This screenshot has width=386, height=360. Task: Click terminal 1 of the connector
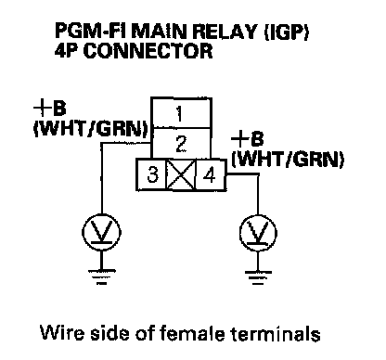click(181, 113)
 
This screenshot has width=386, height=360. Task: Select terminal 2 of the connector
click(181, 144)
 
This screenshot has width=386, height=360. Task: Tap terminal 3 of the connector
click(152, 175)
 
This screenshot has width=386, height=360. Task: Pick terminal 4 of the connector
click(211, 175)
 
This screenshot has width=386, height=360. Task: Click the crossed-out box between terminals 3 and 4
click(181, 175)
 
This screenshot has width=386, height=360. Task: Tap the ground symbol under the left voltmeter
click(101, 277)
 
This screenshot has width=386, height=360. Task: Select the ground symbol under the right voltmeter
click(258, 277)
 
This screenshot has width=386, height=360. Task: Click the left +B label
click(50, 109)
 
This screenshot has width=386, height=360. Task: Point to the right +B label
click(248, 138)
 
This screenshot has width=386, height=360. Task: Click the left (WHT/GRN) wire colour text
click(90, 129)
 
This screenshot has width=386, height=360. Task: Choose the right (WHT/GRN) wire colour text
click(288, 159)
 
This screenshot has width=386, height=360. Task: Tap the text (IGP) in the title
click(286, 32)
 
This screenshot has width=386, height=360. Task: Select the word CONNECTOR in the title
click(148, 51)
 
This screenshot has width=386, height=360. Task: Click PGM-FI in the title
click(92, 31)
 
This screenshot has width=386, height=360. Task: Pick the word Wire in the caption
click(62, 333)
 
